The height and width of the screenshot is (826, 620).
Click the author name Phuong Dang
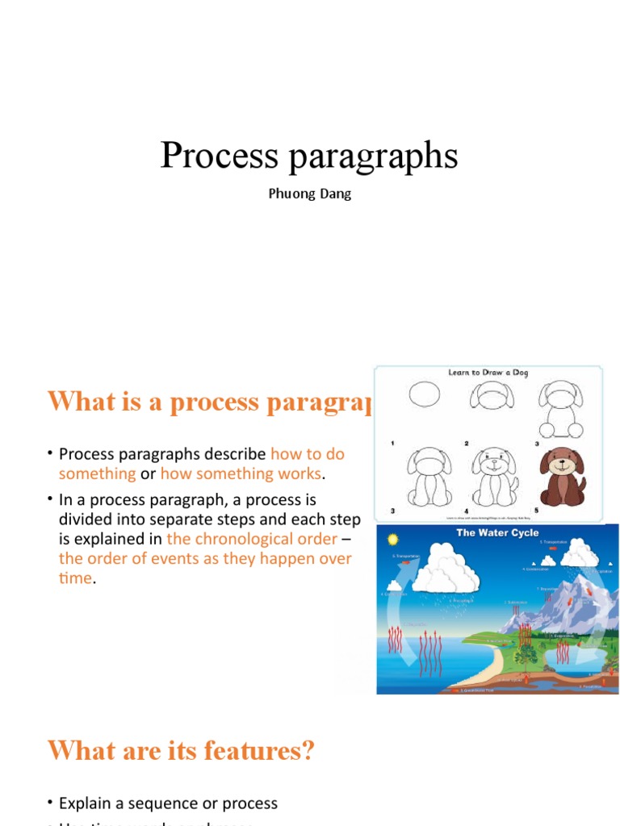point(310,194)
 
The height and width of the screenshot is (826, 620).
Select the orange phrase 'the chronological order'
point(251,539)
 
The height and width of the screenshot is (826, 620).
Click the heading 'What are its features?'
point(180,752)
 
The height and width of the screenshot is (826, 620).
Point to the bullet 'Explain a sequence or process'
point(168,803)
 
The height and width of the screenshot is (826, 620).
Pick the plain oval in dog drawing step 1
point(425,395)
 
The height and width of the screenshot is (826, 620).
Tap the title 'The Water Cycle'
point(497,533)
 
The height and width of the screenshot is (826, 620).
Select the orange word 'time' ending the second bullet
point(75,578)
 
